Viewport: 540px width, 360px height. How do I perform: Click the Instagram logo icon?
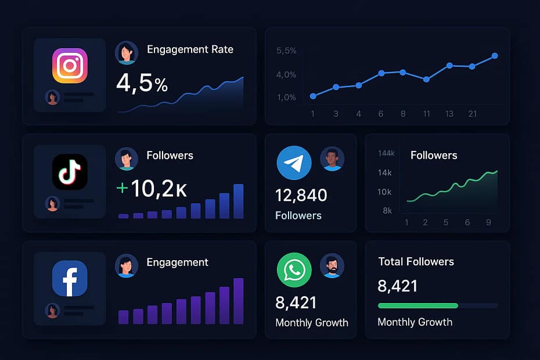tap(70, 66)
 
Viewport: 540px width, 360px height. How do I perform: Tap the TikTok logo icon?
tap(70, 172)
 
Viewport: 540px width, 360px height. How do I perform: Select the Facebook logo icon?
tap(70, 278)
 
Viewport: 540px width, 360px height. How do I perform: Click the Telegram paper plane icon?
tap(294, 163)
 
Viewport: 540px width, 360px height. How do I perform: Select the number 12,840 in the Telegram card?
tap(301, 195)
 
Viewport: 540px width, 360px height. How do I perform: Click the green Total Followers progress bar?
tap(417, 305)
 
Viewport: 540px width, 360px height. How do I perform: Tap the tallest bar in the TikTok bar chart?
tap(238, 201)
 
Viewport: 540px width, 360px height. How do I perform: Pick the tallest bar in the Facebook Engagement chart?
tap(238, 301)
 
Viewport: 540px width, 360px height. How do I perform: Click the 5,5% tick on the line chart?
tap(287, 51)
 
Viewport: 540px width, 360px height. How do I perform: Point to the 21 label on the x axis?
tap(472, 114)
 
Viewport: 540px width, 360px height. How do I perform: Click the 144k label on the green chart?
tap(386, 153)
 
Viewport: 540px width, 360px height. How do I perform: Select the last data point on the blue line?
tap(495, 56)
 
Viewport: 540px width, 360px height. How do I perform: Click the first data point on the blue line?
tap(313, 96)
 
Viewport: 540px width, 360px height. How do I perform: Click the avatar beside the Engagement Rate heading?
tap(127, 52)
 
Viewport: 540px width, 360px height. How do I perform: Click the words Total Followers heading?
tap(416, 262)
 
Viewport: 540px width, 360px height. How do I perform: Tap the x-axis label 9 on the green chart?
tap(488, 222)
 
